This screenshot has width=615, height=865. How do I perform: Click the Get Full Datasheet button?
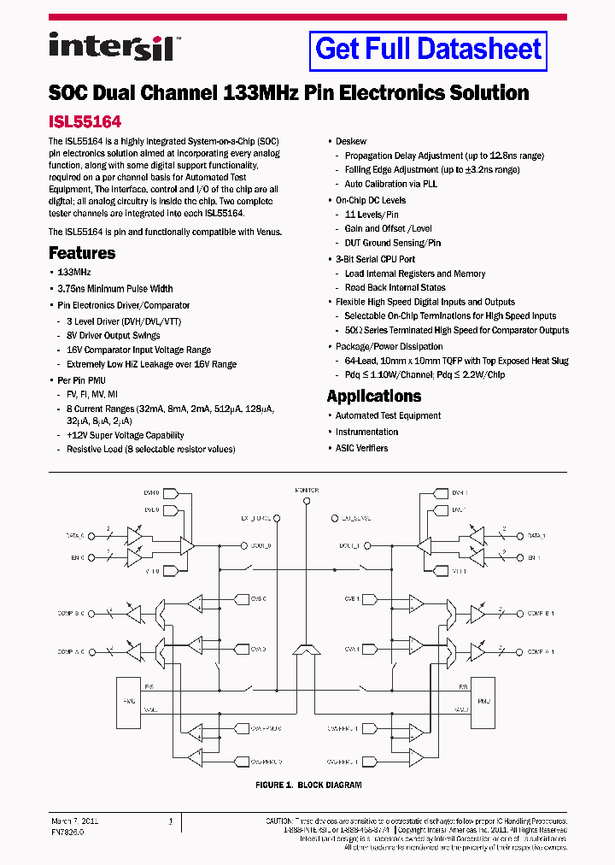coord(428,49)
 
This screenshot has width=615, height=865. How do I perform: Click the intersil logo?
coord(111,46)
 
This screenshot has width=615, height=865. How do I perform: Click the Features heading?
coord(82,253)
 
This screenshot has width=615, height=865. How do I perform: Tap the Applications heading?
coord(373,397)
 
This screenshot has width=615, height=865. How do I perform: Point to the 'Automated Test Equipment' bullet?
coord(388,415)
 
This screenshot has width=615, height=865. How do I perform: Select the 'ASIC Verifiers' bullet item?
coord(361,448)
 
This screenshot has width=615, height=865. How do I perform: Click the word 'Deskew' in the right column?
coord(351,141)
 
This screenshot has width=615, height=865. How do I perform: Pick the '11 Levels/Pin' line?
coord(372,215)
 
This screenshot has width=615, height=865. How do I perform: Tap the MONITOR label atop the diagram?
coord(307,491)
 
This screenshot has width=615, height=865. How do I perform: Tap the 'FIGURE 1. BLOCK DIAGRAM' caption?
coord(308,785)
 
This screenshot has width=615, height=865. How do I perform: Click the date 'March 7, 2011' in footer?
coord(74,821)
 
